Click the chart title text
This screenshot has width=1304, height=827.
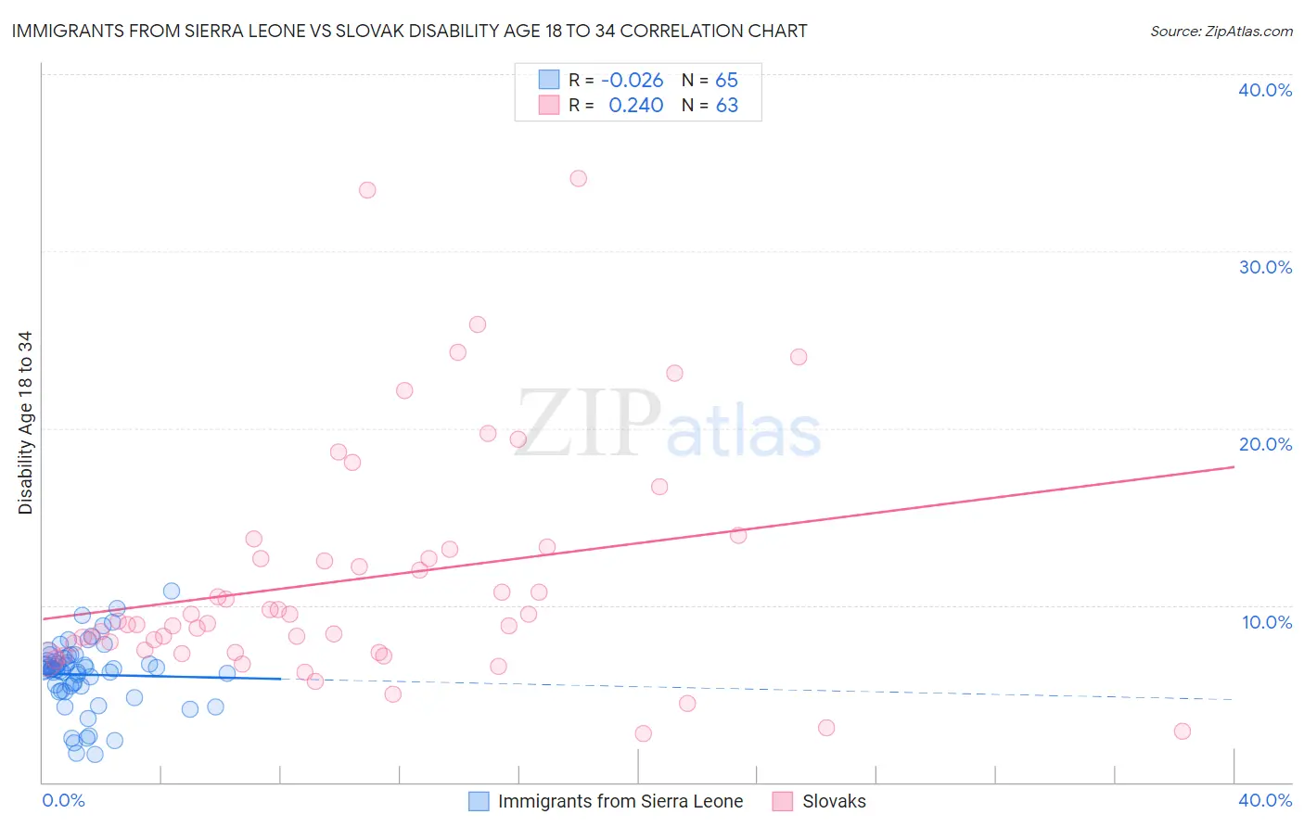click(409, 31)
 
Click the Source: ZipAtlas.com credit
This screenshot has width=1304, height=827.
click(1221, 31)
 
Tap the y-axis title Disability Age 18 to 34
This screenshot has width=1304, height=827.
click(25, 423)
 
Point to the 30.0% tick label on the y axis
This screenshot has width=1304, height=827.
click(1265, 267)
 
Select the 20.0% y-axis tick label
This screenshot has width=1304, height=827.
click(1265, 444)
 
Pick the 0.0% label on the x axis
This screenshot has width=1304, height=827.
click(63, 800)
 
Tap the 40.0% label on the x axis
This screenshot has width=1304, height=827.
click(1265, 800)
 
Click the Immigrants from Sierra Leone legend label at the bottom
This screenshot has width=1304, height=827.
click(620, 801)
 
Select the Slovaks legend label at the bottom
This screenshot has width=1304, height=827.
click(834, 801)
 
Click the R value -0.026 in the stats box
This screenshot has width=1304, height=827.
click(633, 81)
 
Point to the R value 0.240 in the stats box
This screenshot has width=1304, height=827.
click(635, 106)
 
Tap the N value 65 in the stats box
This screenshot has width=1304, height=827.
click(726, 81)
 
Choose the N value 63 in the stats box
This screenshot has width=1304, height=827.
click(726, 106)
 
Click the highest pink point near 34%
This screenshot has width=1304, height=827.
click(579, 178)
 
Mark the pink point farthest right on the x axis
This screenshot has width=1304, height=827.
click(1182, 731)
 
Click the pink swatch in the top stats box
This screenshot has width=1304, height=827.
click(549, 105)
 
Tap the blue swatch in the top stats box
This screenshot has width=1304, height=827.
click(549, 80)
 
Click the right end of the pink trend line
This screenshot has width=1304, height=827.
click(1234, 467)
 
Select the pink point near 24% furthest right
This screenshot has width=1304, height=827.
click(799, 357)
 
